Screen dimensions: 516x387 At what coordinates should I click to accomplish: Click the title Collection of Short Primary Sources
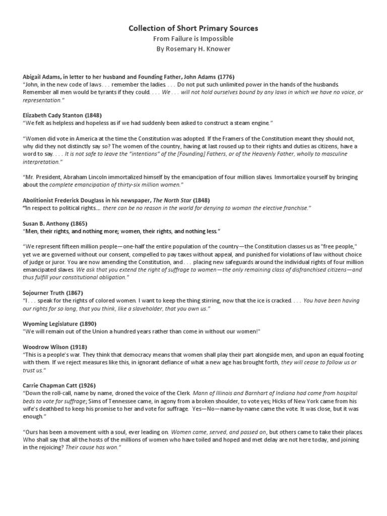click(x=193, y=29)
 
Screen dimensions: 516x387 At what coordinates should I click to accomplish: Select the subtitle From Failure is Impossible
click(x=193, y=39)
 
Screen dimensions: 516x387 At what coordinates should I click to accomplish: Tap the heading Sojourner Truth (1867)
click(x=53, y=293)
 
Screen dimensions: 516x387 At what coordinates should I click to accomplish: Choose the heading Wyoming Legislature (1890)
click(x=59, y=323)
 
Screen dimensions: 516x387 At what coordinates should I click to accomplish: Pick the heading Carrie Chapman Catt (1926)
click(x=58, y=385)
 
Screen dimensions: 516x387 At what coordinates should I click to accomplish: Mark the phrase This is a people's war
click(x=53, y=355)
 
